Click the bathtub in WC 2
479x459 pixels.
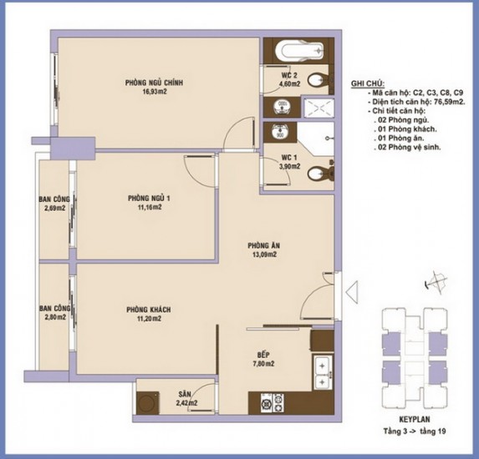tap(299, 50)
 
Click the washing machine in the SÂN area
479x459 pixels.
tap(148, 403)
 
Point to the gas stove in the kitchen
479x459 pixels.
tap(273, 403)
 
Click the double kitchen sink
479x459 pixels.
tap(322, 372)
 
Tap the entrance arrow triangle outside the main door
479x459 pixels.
tap(352, 292)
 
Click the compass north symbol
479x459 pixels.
tap(436, 282)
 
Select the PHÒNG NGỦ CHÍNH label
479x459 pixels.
tap(154, 83)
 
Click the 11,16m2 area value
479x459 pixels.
tap(150, 208)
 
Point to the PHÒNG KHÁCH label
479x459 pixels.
tap(149, 310)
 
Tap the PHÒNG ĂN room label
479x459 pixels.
tap(263, 245)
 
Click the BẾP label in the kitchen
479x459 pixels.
tap(263, 355)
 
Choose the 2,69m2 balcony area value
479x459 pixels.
tap(54, 209)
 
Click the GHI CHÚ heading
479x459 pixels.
tap(368, 83)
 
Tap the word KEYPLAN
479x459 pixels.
tap(415, 419)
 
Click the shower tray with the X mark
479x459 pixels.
tap(318, 108)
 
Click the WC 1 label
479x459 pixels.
tap(289, 158)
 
